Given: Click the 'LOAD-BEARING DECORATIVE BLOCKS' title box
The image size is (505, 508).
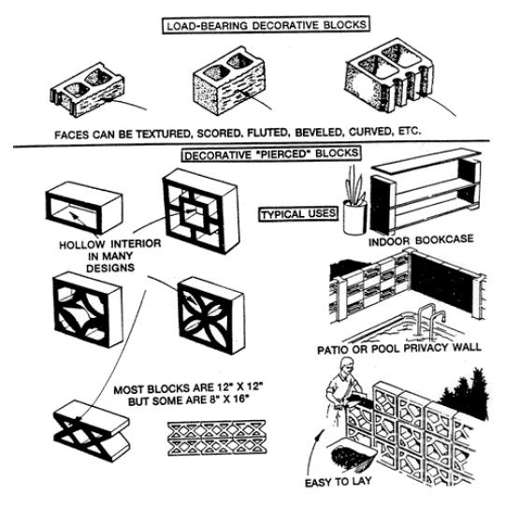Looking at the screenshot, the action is [266, 24].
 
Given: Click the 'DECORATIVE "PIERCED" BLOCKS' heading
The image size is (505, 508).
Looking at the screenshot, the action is [271, 153].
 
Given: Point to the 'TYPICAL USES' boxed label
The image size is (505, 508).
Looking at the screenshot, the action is [298, 214].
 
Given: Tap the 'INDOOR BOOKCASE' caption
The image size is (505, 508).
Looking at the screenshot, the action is [421, 240].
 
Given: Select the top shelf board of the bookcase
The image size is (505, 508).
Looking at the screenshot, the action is [426, 161].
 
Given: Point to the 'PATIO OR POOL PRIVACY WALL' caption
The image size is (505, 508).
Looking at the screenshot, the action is [398, 348].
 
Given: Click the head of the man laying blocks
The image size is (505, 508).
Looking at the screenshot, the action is [347, 366].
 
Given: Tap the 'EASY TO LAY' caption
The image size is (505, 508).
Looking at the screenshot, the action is [338, 482].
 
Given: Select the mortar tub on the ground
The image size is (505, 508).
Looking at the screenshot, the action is [353, 452].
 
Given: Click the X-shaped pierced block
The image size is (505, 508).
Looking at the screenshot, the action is [92, 430].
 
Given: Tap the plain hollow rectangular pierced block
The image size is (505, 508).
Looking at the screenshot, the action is [83, 208].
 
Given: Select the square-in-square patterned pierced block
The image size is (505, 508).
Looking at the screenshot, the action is [201, 210].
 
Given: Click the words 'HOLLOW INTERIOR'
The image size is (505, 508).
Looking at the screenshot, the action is [109, 243].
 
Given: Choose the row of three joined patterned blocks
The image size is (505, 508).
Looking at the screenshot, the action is [217, 437].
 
